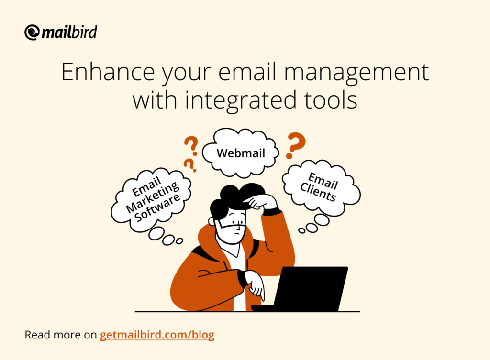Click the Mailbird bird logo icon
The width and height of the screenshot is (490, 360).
[x=32, y=33]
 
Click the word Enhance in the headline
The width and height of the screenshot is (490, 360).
[x=108, y=72]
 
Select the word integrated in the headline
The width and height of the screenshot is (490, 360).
[x=241, y=100]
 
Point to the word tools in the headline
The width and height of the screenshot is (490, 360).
[x=331, y=100]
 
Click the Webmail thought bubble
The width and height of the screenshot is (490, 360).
[x=240, y=153]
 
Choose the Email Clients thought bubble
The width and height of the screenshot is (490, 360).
[x=321, y=188]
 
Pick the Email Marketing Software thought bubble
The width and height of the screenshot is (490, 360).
[x=151, y=200]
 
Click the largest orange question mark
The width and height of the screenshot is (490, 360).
[x=295, y=145]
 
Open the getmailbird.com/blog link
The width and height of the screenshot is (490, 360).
[x=157, y=335]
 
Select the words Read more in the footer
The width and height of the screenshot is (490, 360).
[x=53, y=335]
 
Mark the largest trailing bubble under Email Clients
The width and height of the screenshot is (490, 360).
[x=322, y=220]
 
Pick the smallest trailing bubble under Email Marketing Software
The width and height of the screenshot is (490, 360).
[x=179, y=241]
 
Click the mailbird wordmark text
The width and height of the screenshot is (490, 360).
[x=69, y=32]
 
